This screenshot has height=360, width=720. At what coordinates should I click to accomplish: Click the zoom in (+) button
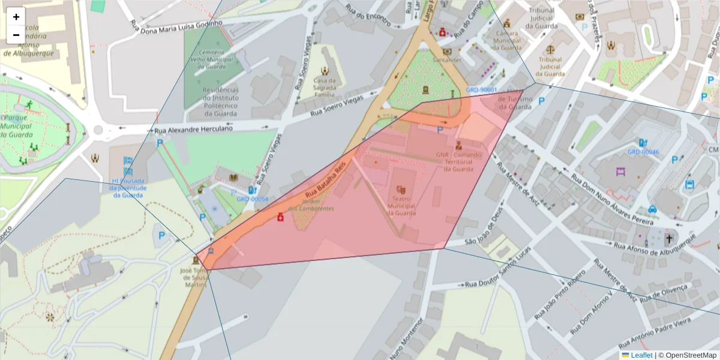click(x=16, y=17)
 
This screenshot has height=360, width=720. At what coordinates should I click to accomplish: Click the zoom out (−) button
click(x=16, y=35)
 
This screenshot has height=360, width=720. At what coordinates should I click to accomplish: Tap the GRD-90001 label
click(x=482, y=90)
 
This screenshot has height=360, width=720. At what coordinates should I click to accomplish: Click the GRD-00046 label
click(x=643, y=152)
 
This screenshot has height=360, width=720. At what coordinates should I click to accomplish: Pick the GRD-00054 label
click(x=252, y=199)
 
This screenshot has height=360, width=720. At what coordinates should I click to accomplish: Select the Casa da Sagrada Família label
click(x=325, y=88)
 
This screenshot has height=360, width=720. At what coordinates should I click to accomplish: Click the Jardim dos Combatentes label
click(x=311, y=205)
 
